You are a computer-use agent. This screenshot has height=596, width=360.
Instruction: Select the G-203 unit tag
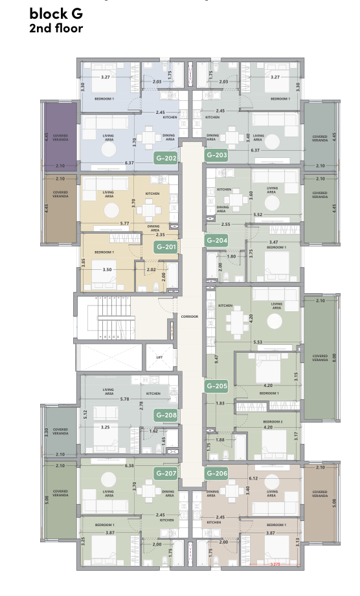216,156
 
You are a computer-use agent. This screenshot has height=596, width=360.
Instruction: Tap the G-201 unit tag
166,247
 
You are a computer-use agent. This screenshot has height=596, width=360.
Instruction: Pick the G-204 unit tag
216,240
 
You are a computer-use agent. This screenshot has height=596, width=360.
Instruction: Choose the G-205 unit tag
216,386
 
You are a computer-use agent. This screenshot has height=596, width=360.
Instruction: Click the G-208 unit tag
166,415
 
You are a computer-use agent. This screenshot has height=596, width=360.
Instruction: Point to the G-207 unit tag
166,474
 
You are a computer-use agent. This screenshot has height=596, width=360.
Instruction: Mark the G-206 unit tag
216,474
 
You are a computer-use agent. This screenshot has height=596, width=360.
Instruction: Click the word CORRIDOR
190,316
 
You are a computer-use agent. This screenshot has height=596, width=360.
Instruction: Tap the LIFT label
159,357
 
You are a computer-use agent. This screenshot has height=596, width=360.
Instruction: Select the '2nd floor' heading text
56,28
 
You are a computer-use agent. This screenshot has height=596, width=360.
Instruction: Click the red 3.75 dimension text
278,563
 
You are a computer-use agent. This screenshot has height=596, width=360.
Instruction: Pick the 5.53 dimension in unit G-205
258,341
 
